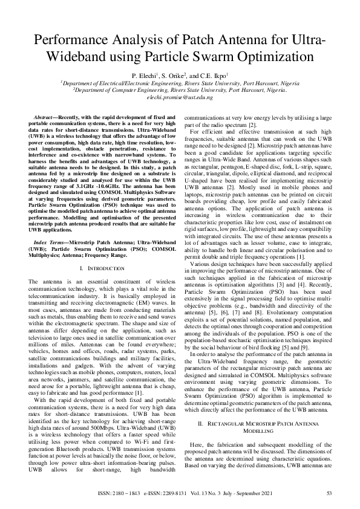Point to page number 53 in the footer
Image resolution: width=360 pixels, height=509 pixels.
point(329,493)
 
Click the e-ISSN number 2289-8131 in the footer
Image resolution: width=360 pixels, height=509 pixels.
point(200,493)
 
